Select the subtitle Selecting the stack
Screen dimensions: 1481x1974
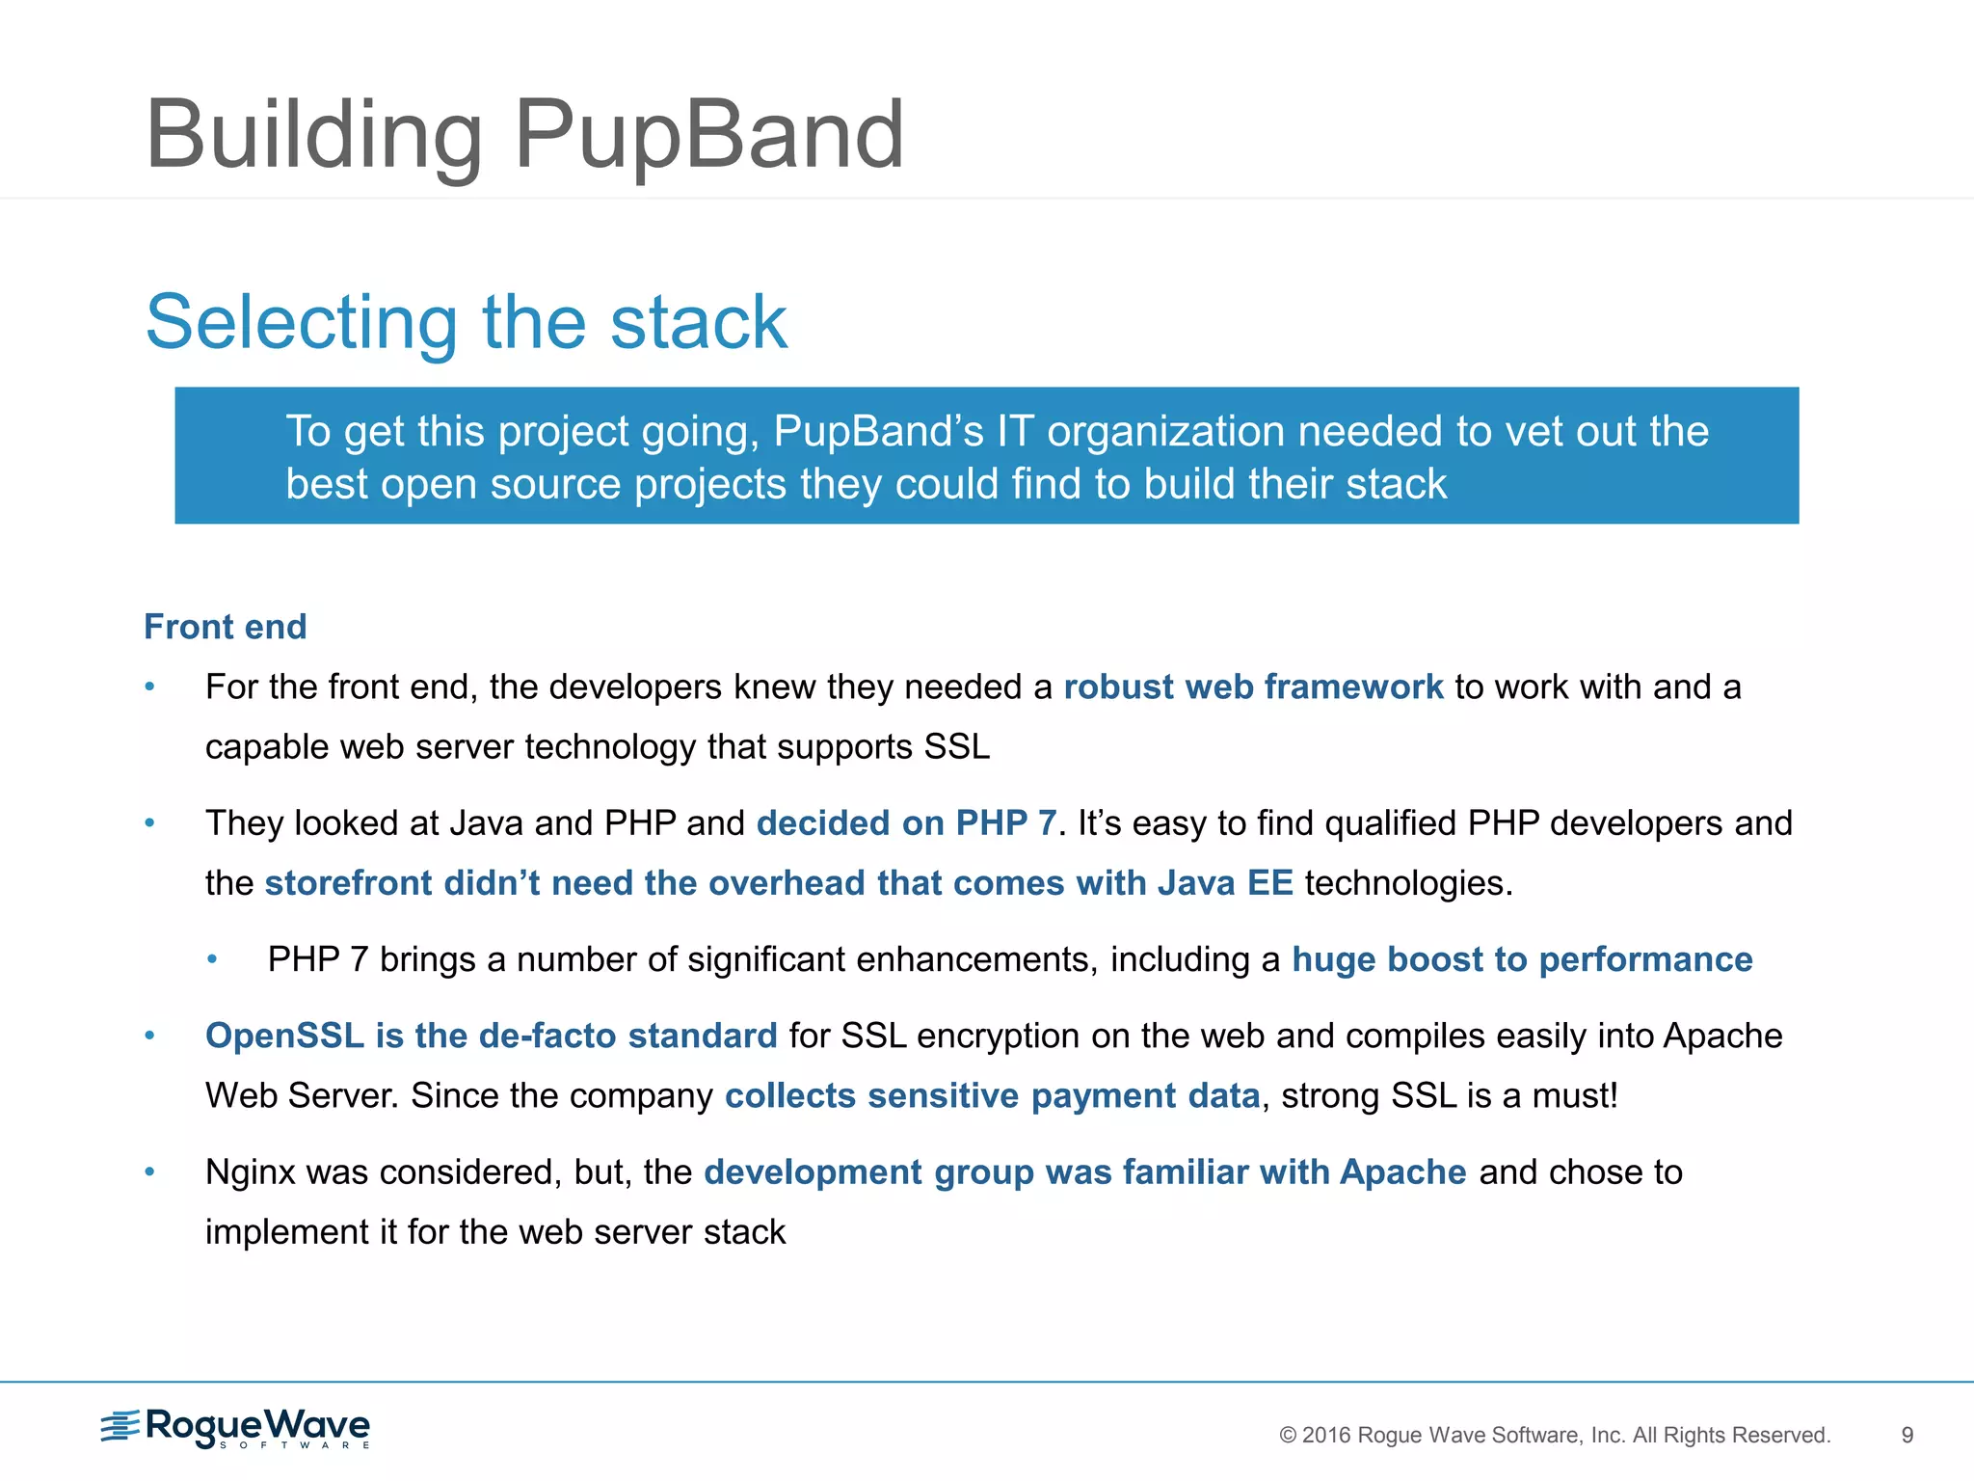pos(466,322)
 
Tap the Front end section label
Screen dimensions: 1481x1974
pos(225,627)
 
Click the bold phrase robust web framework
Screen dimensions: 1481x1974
pos(1253,687)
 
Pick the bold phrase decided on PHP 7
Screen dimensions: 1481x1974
pos(906,822)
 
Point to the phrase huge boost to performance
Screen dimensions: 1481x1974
pos(1521,959)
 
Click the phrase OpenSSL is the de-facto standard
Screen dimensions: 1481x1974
pos(491,1036)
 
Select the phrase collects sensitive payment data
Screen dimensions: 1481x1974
pos(992,1095)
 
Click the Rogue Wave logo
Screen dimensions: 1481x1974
pos(236,1427)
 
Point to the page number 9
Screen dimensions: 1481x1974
pos(1907,1435)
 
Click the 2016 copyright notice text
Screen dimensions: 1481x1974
pos(1554,1435)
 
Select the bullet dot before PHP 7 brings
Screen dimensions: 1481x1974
pos(212,959)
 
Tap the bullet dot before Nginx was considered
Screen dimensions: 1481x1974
pos(149,1172)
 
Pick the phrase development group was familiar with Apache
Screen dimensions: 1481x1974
pos(1084,1172)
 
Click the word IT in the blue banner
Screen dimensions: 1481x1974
pos(1015,431)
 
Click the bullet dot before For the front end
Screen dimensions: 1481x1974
pos(149,687)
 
